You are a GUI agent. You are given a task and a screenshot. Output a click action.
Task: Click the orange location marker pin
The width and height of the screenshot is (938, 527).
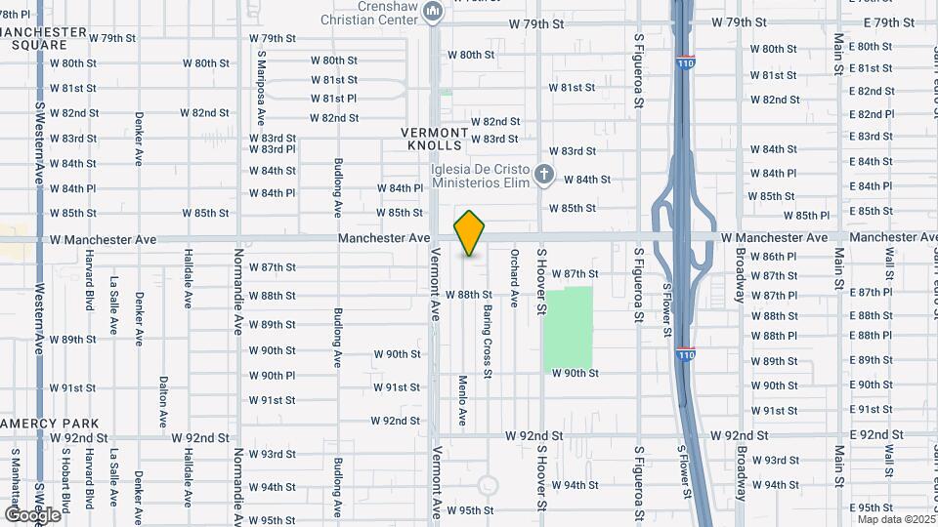470,233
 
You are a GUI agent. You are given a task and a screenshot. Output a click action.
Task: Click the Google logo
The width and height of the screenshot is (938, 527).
32,514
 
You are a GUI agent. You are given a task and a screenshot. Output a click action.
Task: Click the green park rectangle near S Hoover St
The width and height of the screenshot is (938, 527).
569,328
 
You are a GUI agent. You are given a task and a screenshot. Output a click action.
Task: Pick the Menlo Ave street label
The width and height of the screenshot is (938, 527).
462,400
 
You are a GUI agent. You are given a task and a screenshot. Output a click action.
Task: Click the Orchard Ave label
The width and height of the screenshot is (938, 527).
514,278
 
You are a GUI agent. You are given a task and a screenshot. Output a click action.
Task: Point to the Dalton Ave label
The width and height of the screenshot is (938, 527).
163,403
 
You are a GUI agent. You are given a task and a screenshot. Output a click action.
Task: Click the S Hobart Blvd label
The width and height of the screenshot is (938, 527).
64,479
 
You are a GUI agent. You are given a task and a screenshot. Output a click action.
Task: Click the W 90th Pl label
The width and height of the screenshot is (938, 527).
272,376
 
